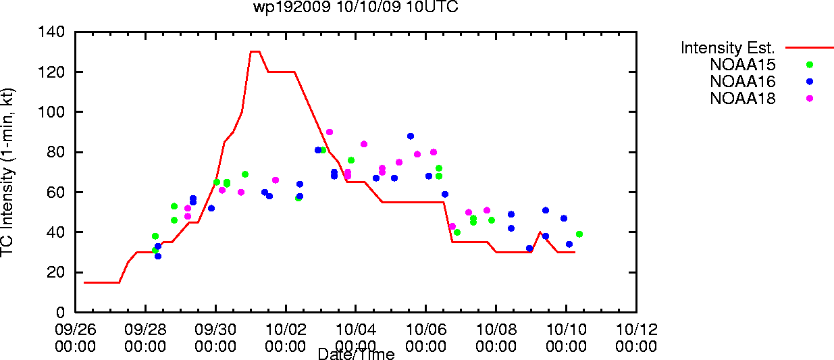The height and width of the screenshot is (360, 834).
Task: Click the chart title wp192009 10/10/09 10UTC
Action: pos(356,7)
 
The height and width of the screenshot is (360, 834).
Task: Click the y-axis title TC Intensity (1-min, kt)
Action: pos(7,172)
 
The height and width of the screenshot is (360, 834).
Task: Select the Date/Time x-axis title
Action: pos(357,354)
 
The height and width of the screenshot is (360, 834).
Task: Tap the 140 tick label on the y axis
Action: pos(51,32)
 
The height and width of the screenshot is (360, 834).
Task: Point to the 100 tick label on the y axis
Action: pos(51,111)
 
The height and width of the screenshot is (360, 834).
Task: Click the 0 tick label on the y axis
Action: pos(60,312)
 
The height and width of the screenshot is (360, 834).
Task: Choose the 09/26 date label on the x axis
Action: pos(75,330)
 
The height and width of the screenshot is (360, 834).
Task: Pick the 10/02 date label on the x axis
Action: pos(286,330)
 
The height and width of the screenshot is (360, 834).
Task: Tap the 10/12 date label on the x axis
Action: pos(637,330)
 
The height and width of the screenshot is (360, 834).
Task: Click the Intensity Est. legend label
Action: pos(727,48)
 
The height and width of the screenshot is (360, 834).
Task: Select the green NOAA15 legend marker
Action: pos(810,65)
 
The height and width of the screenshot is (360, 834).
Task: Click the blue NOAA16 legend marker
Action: pos(810,82)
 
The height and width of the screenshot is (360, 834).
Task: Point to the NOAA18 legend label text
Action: pos(742,99)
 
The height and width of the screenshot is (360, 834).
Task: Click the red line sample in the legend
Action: pos(810,48)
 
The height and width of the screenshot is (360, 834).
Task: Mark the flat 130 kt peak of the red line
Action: pos(255,52)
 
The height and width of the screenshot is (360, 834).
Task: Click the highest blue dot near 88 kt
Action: pos(411,136)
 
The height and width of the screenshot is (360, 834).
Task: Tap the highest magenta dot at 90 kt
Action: pos(329,132)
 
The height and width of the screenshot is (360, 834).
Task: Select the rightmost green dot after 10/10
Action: pos(579,234)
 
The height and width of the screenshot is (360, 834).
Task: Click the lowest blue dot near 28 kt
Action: pos(158,256)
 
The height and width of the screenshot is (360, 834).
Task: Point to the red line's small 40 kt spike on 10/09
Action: pos(540,232)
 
